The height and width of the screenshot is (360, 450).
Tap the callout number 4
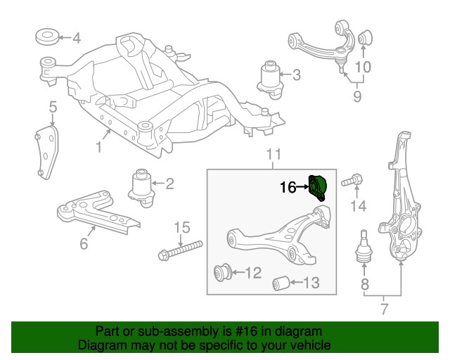click(x=76, y=39)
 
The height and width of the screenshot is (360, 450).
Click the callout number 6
click(x=84, y=244)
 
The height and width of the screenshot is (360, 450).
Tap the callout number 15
click(x=182, y=227)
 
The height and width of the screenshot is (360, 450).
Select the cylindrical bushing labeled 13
click(x=282, y=283)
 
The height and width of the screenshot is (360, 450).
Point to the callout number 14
click(x=359, y=206)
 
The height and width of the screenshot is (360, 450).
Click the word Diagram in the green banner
click(x=98, y=345)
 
